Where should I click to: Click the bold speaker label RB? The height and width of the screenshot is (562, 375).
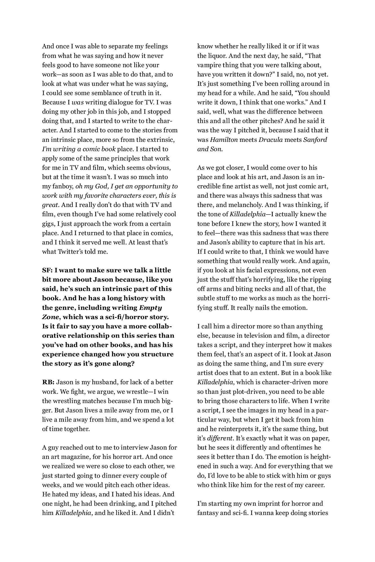(x=48, y=382)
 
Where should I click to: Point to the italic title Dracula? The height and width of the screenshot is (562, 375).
(x=270, y=140)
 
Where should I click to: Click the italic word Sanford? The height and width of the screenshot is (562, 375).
(x=315, y=140)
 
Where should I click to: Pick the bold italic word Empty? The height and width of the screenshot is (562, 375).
(x=151, y=308)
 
